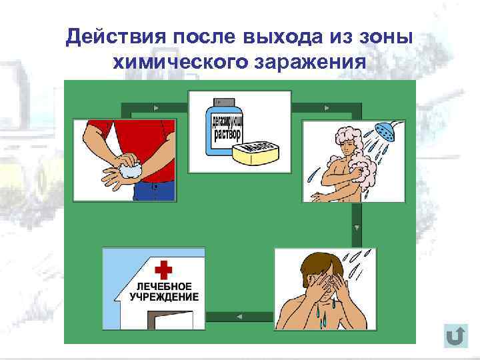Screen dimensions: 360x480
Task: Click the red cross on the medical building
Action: (x=163, y=269)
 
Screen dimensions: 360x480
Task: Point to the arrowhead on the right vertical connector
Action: (x=357, y=227)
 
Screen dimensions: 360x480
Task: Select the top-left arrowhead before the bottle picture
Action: (x=155, y=107)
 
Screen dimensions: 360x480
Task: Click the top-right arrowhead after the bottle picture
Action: (x=326, y=107)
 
